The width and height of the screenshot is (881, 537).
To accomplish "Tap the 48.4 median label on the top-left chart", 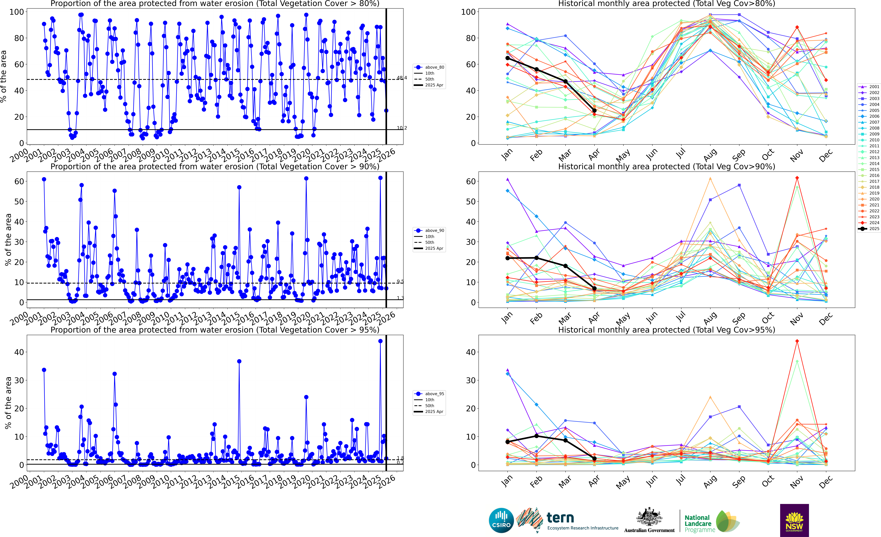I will [x=402, y=78].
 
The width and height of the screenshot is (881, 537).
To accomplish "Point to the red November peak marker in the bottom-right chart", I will [x=797, y=341].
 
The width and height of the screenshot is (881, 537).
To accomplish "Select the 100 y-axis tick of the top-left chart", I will [x=16, y=12].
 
